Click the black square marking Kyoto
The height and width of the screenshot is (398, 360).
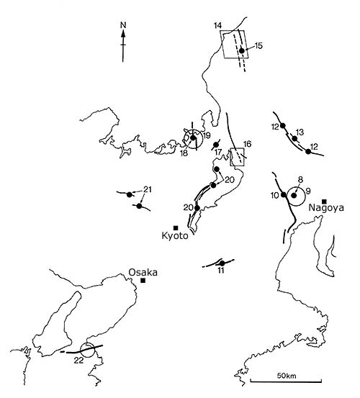[x=176, y=227]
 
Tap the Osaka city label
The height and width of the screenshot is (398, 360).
[x=143, y=272]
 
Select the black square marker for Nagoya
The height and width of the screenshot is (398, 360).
[x=324, y=202]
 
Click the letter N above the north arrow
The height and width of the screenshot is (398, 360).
[x=123, y=25]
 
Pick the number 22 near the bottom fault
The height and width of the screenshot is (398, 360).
[x=78, y=360]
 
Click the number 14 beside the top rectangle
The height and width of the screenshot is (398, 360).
[x=217, y=26]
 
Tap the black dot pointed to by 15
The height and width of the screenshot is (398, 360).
[x=242, y=51]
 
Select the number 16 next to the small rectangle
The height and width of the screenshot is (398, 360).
[x=247, y=144]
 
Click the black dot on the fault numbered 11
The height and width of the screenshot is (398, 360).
[x=222, y=263]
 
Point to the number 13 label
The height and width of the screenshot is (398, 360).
[x=300, y=132]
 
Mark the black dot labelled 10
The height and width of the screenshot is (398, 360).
[x=284, y=195]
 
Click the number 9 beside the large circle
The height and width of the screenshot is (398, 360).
[x=309, y=191]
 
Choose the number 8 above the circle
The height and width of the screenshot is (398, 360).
[x=300, y=180]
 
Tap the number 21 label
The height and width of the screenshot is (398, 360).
[x=148, y=189]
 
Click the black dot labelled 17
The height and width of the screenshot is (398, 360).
[x=216, y=145]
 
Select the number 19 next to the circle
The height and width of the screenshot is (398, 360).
[x=207, y=135]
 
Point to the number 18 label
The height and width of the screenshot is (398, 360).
[x=184, y=153]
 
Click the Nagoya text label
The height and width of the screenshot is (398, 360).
[x=326, y=208]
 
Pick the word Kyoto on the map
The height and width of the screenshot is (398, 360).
[x=175, y=236]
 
